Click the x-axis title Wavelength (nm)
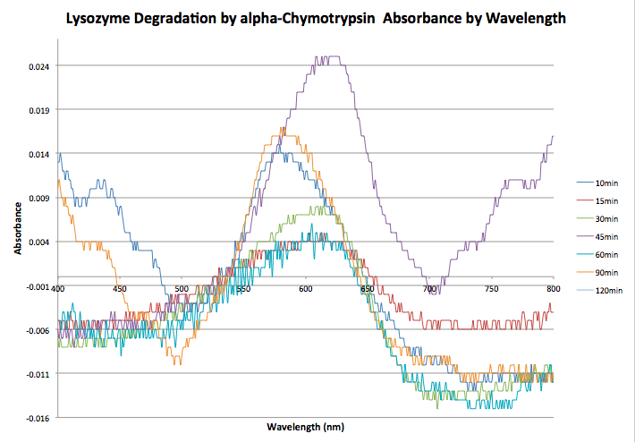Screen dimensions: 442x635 [x=306, y=427]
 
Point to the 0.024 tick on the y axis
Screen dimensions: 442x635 [x=37, y=66]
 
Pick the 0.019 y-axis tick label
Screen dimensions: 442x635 [x=37, y=110]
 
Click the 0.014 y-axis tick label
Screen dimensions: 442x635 [x=37, y=154]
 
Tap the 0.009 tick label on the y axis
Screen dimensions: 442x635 [x=37, y=198]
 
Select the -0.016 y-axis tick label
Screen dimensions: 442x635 [x=35, y=418]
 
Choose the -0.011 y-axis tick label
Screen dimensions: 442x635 [x=35, y=374]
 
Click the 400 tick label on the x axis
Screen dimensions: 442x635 [x=58, y=289]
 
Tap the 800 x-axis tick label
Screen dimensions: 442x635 [x=553, y=289]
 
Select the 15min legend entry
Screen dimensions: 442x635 [x=605, y=200]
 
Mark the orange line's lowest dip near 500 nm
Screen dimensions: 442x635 [x=177, y=362]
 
